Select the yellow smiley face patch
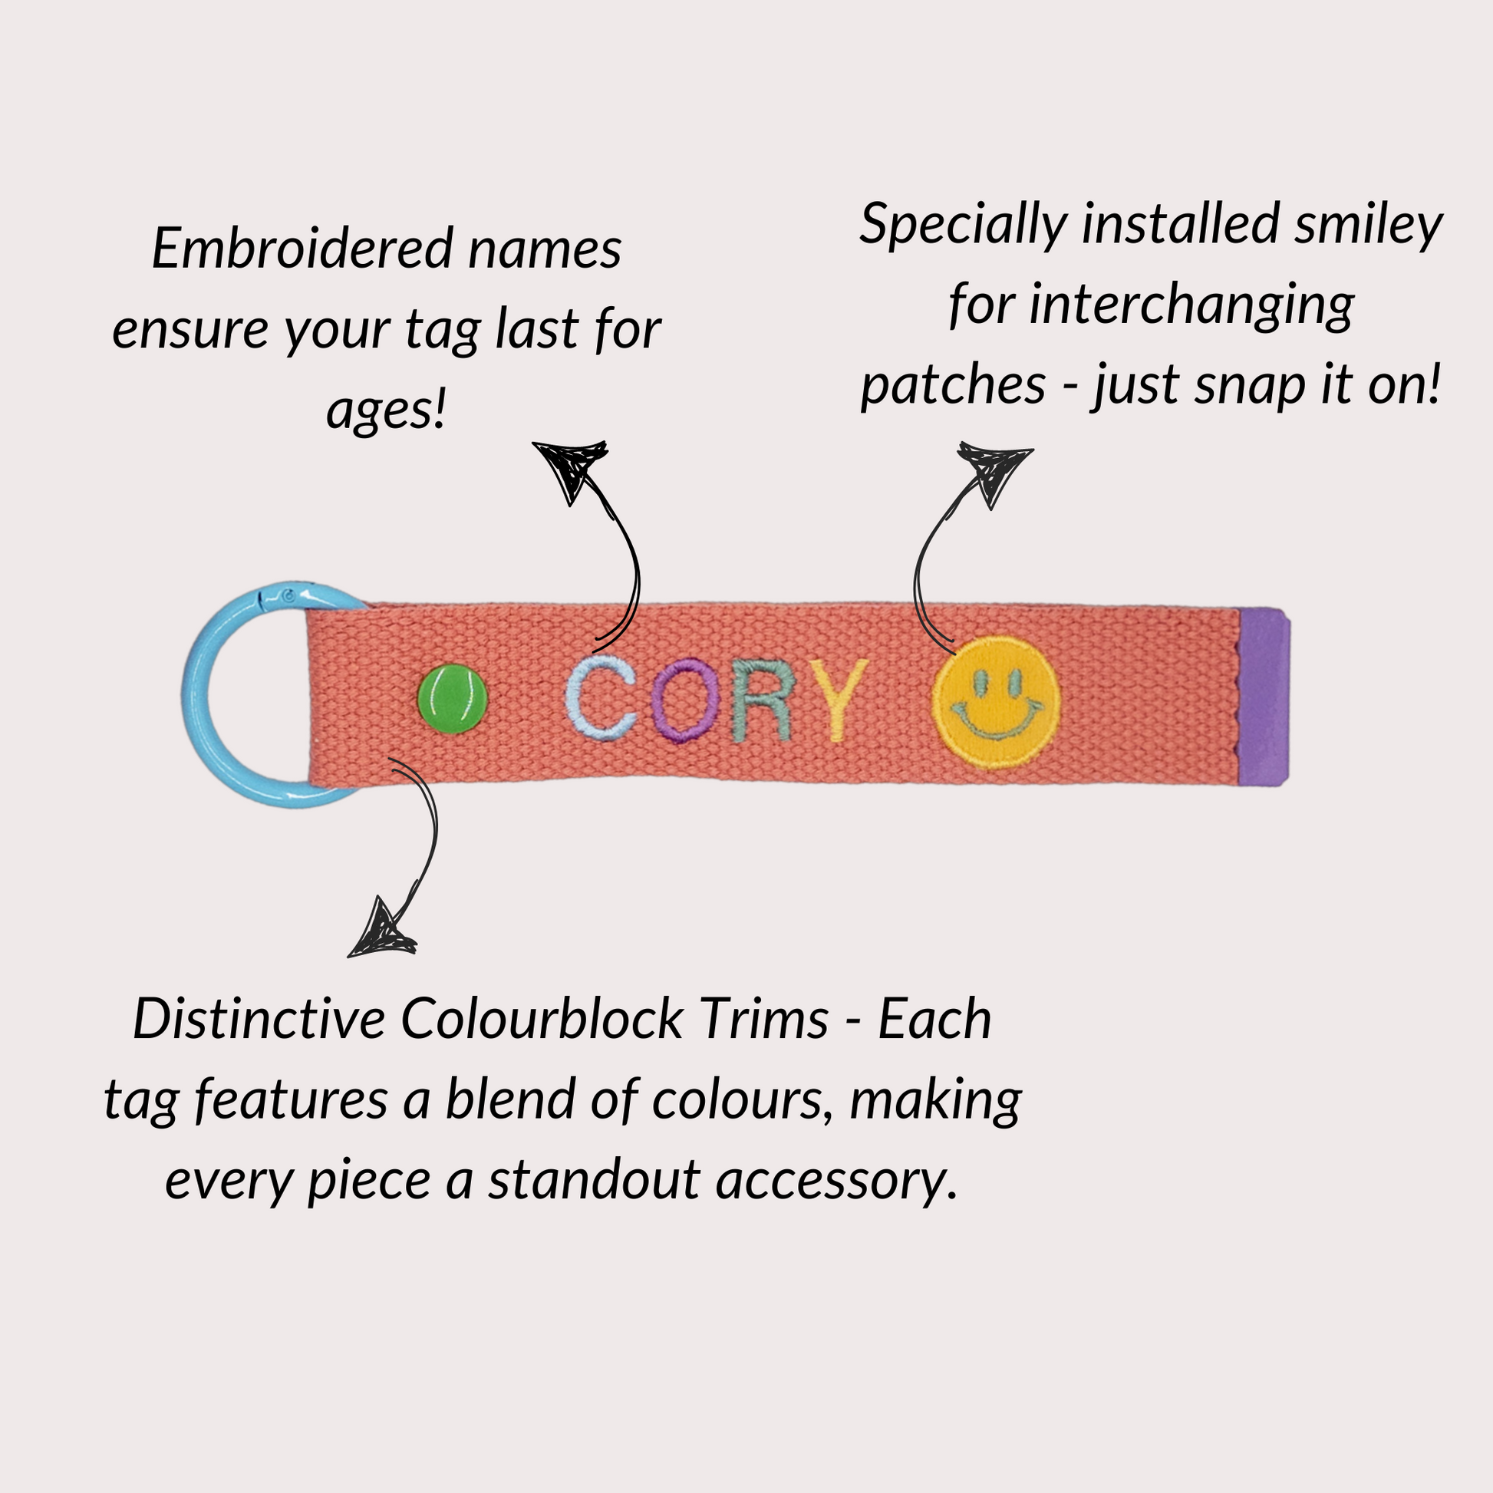click(x=996, y=702)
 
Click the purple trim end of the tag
click(x=1264, y=697)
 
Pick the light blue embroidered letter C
click(x=601, y=699)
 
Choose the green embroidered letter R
click(x=762, y=700)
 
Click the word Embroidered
click(x=302, y=249)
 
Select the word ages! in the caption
click(x=387, y=410)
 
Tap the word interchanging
click(x=1191, y=306)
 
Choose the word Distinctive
click(x=259, y=1020)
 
